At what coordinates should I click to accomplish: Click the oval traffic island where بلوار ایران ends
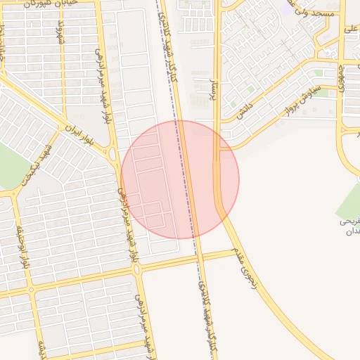(113, 154)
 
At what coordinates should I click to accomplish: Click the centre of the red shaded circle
(180, 179)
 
